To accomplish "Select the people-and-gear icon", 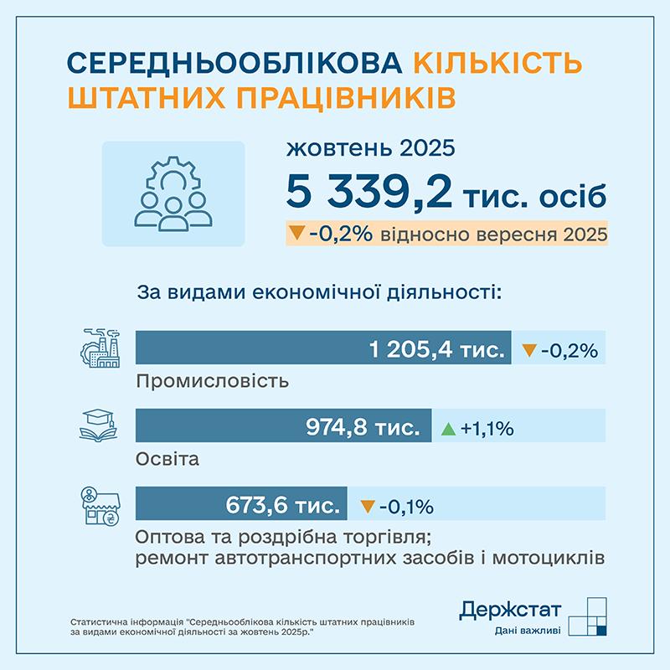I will [173, 193].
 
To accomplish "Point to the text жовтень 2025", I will [370, 149].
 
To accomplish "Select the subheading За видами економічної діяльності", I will [319, 293].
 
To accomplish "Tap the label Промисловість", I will [212, 381].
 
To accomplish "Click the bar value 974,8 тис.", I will [363, 428].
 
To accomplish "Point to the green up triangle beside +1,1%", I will [448, 429].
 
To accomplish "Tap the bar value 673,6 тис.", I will [283, 506].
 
